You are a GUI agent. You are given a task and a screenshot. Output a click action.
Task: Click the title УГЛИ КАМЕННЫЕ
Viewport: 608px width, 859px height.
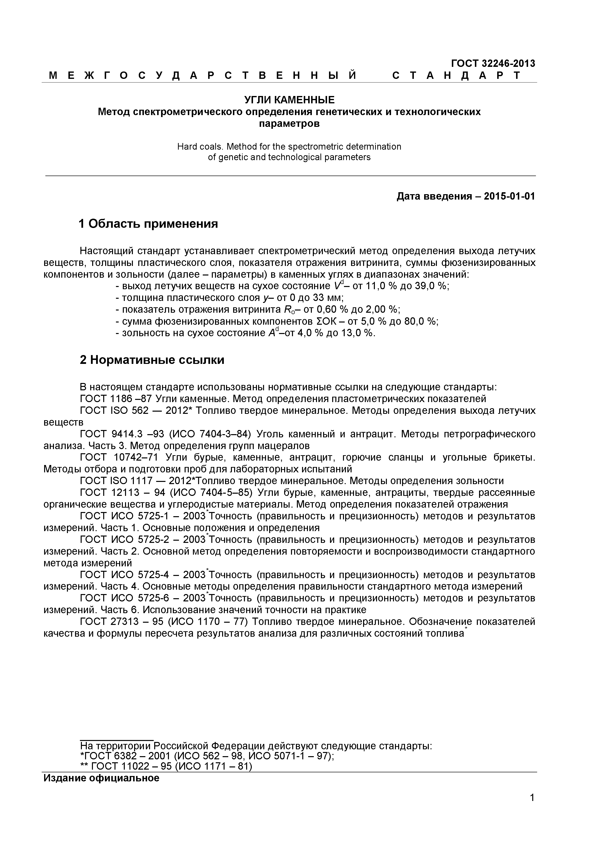[289, 100]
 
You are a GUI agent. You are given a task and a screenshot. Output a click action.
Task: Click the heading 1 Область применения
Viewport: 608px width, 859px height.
[148, 224]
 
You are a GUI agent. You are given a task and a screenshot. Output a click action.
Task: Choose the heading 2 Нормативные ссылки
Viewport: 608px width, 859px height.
[152, 360]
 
